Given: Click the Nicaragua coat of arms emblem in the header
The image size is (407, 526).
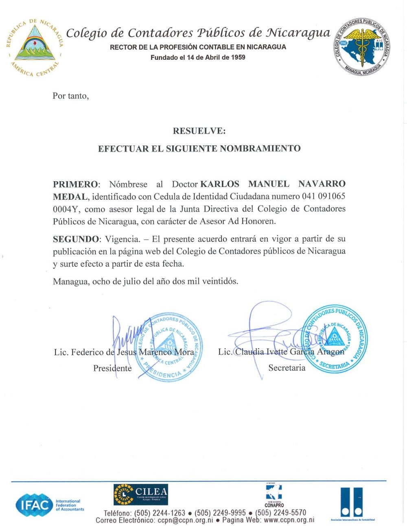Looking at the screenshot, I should coord(35,47).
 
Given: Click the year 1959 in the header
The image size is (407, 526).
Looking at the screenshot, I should coord(238,57).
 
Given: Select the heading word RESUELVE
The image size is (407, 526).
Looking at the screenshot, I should coord(199,131).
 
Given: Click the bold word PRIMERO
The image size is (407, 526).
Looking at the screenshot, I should coord(75,184).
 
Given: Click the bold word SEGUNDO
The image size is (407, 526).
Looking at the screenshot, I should coord(76,239).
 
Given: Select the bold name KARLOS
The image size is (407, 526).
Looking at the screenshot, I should coord(220,184).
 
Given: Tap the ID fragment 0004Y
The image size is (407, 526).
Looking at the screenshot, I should coord(66,209).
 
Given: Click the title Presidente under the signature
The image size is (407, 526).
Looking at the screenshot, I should coord(112,368).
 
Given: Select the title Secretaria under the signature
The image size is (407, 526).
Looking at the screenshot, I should coord(287,368).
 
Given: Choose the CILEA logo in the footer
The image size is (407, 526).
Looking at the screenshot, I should coord(140,494).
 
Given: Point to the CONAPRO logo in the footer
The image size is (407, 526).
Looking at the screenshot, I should coord(274,496).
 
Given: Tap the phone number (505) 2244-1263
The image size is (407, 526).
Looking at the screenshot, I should coord(160,513).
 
